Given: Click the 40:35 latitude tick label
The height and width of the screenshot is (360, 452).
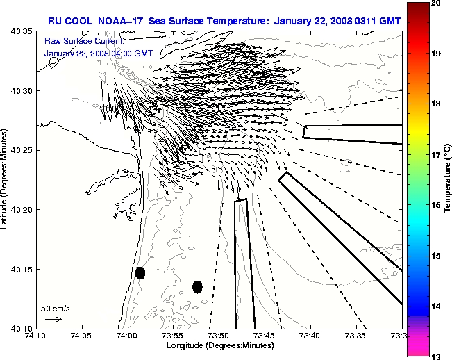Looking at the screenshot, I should tap(23, 31).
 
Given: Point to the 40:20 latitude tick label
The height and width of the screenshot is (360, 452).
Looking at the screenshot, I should tap(23, 210).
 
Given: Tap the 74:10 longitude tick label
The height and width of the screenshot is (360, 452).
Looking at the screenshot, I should tap(36, 336).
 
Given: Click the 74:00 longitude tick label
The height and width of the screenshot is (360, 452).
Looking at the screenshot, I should tap(127, 336).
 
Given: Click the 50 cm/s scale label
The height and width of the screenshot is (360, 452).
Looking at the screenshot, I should tap(56, 308).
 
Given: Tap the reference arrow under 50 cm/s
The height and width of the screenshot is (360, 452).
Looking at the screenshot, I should tap(53, 319).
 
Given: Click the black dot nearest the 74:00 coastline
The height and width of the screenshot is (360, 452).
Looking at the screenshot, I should tap(140, 272).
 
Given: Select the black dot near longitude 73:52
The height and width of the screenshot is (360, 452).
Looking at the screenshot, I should tap(197, 286).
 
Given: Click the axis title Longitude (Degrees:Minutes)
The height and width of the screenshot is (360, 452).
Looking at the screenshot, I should tap(219, 346).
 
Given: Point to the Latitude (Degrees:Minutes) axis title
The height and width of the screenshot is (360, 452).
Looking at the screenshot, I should tap(6, 179).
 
